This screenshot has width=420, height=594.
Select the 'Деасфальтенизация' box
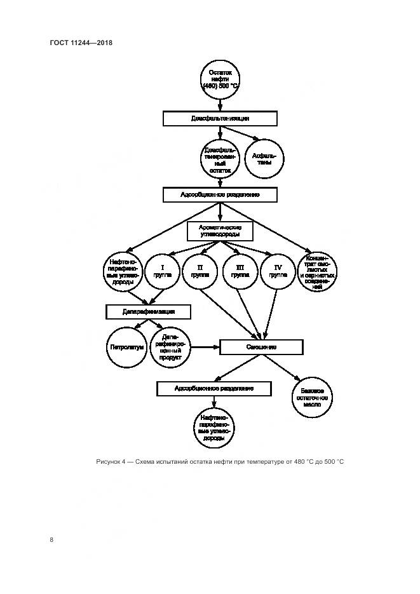coord(220,119)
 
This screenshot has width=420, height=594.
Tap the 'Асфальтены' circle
coord(263,158)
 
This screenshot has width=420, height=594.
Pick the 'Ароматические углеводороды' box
coord(220,231)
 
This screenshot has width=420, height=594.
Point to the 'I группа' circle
coord(163,273)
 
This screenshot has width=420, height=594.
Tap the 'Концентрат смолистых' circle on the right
coord(317,273)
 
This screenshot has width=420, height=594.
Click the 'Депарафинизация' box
coord(148,312)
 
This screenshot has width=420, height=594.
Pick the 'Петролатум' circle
coord(126,348)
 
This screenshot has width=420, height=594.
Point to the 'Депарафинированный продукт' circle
coord(168,348)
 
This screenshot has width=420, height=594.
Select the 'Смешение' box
coord(261,348)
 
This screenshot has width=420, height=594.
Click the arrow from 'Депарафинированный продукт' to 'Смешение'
coord(203,348)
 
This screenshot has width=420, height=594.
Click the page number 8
coord(51,540)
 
